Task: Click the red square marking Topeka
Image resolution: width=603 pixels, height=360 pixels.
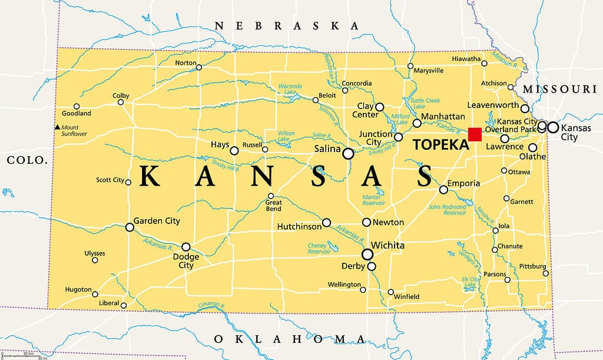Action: pos(475,134)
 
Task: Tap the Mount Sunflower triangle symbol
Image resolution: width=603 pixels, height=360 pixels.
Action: pos(57,127)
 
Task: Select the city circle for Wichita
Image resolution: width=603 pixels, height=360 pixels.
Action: pos(367,255)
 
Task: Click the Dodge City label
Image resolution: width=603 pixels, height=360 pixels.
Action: pos(185,260)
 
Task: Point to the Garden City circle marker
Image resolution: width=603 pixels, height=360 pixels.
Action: pos(130,227)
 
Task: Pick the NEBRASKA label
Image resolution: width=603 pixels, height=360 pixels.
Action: pos(287,26)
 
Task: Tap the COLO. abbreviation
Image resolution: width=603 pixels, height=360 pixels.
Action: pos(26,160)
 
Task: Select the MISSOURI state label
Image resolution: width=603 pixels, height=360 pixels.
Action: pos(559,89)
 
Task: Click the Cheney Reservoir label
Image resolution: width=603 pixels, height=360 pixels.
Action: pos(319,248)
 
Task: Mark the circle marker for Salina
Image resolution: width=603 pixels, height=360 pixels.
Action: pos(348,153)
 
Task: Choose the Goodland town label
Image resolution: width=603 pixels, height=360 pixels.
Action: pos(77,113)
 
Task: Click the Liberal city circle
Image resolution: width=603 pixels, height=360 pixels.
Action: pos(124,305)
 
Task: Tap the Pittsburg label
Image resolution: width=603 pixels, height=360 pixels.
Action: pos(532,266)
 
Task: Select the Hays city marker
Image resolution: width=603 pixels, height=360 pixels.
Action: pos(234,151)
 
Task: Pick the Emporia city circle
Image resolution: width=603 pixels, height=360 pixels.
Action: pos(443,189)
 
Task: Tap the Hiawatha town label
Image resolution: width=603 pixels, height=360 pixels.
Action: pos(466,59)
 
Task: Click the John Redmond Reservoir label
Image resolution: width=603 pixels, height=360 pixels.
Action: pos(447,210)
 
